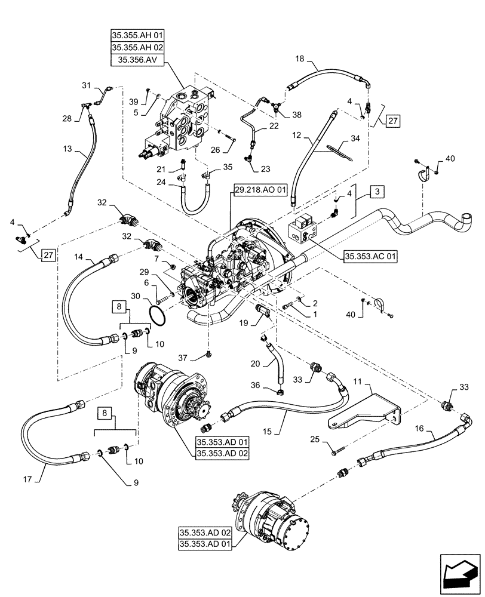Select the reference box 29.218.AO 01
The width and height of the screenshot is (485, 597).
click(260, 189)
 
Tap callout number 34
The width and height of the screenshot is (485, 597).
click(355, 139)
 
